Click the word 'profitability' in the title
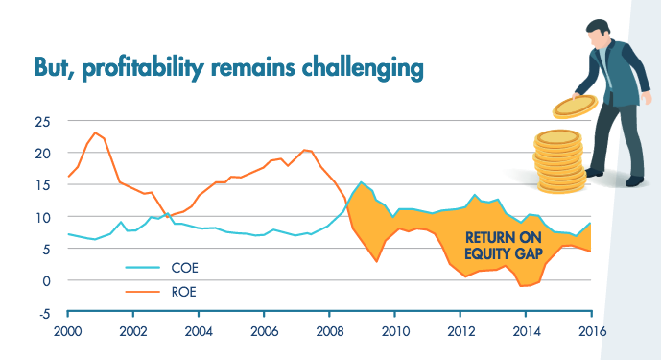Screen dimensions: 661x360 click(x=143, y=67)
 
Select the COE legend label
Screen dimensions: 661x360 click(x=184, y=268)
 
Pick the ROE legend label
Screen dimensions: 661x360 click(x=184, y=292)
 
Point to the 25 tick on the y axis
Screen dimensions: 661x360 click(x=42, y=122)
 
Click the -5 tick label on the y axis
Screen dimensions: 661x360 click(x=44, y=314)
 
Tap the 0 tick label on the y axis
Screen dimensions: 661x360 click(x=46, y=281)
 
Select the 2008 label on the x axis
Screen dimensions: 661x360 click(x=330, y=331)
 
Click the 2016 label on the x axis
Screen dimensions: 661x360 click(x=592, y=331)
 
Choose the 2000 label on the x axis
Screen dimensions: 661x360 click(x=67, y=331)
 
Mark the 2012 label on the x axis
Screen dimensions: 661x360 click(x=460, y=331)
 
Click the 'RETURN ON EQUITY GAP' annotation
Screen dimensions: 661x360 click(x=504, y=245)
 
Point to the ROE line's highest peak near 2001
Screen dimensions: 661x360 click(x=95, y=132)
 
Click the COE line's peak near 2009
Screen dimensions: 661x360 click(x=361, y=182)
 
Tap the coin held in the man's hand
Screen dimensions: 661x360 click(x=575, y=107)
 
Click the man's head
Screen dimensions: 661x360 click(x=597, y=33)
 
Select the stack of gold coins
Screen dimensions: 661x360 click(x=560, y=161)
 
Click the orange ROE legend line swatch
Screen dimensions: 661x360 click(x=143, y=292)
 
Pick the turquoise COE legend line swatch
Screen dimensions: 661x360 click(x=143, y=268)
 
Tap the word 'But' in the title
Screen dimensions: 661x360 click(x=51, y=66)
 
